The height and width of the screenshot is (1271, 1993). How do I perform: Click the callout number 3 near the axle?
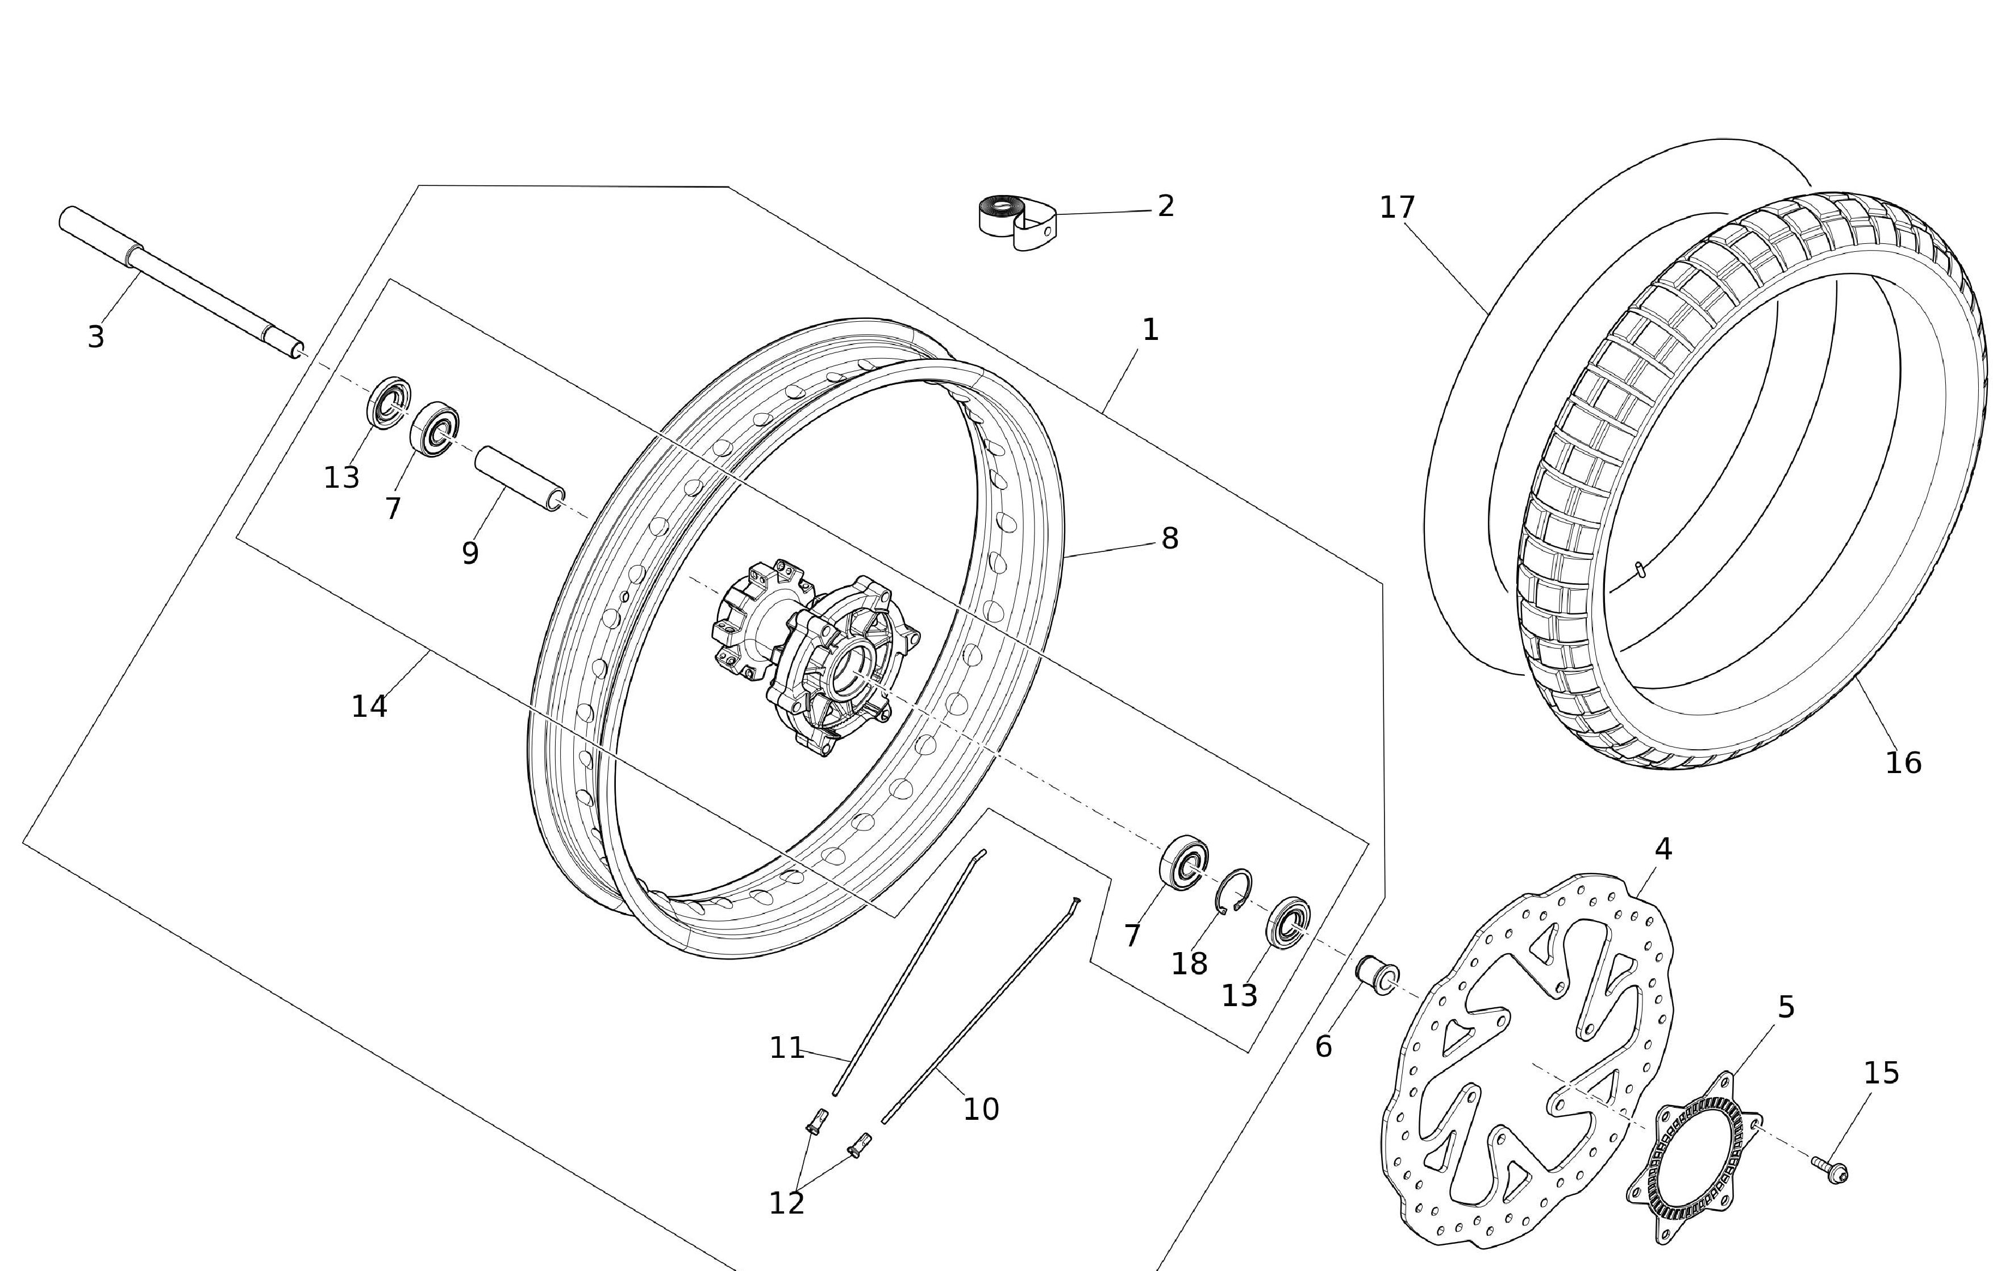coord(96,337)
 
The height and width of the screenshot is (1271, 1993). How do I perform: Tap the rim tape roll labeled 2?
coord(1016,222)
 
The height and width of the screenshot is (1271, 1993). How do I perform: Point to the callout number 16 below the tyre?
coord(1903,763)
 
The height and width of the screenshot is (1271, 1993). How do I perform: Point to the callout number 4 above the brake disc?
coord(1663,849)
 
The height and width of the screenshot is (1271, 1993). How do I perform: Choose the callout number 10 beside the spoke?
coord(981,1108)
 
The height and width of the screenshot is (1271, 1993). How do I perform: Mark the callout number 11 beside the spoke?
coord(786,1048)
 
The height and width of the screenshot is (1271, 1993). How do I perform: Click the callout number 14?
coord(369,707)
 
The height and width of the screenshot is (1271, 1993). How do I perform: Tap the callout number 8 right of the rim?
coord(1169,538)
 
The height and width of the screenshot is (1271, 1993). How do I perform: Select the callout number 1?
coord(1150,330)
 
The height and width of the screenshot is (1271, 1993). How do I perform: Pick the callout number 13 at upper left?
coord(341,478)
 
